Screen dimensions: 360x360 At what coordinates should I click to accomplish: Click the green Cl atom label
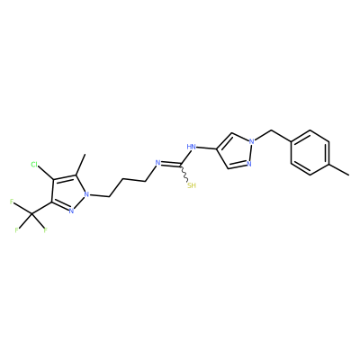point(34,165)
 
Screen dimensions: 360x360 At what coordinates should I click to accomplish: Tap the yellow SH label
point(192,185)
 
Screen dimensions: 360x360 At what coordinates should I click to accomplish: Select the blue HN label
point(191,147)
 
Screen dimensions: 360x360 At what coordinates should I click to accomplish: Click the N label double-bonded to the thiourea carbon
point(157,163)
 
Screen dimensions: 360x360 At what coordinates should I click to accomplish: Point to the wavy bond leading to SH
point(184,173)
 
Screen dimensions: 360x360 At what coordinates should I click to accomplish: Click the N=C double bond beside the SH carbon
point(170,164)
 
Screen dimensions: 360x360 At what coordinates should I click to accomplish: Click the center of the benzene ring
point(310,152)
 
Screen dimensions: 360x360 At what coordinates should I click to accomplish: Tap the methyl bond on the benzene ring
point(339,169)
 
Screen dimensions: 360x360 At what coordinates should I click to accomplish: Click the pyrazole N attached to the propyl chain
point(86,194)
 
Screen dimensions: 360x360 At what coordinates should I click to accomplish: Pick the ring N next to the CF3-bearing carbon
point(71,211)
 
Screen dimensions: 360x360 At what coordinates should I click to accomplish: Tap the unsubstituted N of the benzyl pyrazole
point(248,164)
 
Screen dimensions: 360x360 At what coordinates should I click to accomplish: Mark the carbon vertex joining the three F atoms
point(31,214)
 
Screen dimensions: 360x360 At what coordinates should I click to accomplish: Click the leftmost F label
point(12,202)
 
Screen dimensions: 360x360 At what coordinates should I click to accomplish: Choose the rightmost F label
point(46,230)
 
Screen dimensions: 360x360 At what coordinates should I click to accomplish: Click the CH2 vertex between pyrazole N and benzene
point(271,130)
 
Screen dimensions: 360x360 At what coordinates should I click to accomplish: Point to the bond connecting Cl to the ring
point(46,174)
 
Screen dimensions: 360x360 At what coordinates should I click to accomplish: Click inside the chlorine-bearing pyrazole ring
point(68,192)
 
